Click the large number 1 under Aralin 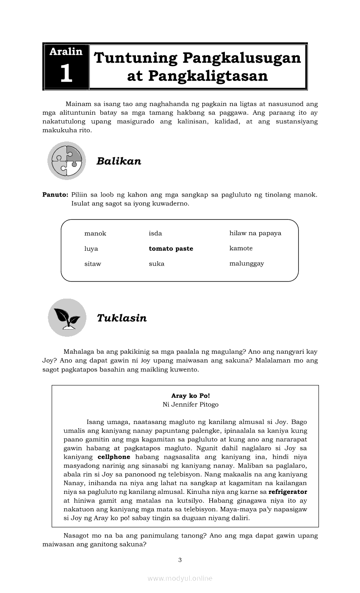pyautogui.click(x=66, y=74)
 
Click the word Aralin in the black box pyautogui.click(x=66, y=52)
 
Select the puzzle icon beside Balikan pyautogui.click(x=66, y=161)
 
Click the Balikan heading pyautogui.click(x=119, y=161)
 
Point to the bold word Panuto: pyautogui.click(x=55, y=195)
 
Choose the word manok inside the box pyautogui.click(x=95, y=233)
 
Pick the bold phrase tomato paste pyautogui.click(x=171, y=249)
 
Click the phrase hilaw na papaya pyautogui.click(x=255, y=233)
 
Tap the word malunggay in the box pyautogui.click(x=246, y=263)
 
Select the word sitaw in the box pyautogui.click(x=93, y=264)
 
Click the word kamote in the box pyautogui.click(x=241, y=248)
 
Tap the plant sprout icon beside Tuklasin pyautogui.click(x=67, y=318)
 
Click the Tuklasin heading pyautogui.click(x=122, y=318)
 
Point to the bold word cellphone pyautogui.click(x=114, y=457)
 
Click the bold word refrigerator pyautogui.click(x=288, y=492)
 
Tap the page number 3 pyautogui.click(x=180, y=560)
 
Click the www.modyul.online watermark pyautogui.click(x=180, y=578)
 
